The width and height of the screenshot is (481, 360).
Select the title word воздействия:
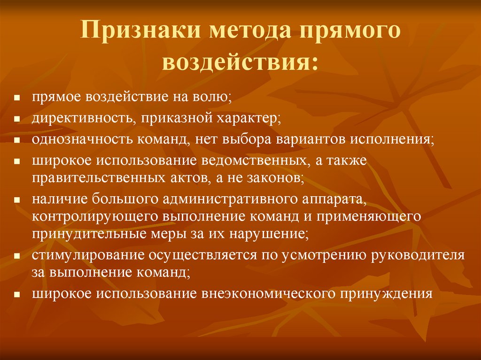click(240, 62)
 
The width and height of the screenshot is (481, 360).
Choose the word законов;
click(277, 178)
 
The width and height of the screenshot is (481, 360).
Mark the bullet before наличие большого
click(16, 199)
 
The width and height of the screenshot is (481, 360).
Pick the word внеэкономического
click(268, 294)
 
